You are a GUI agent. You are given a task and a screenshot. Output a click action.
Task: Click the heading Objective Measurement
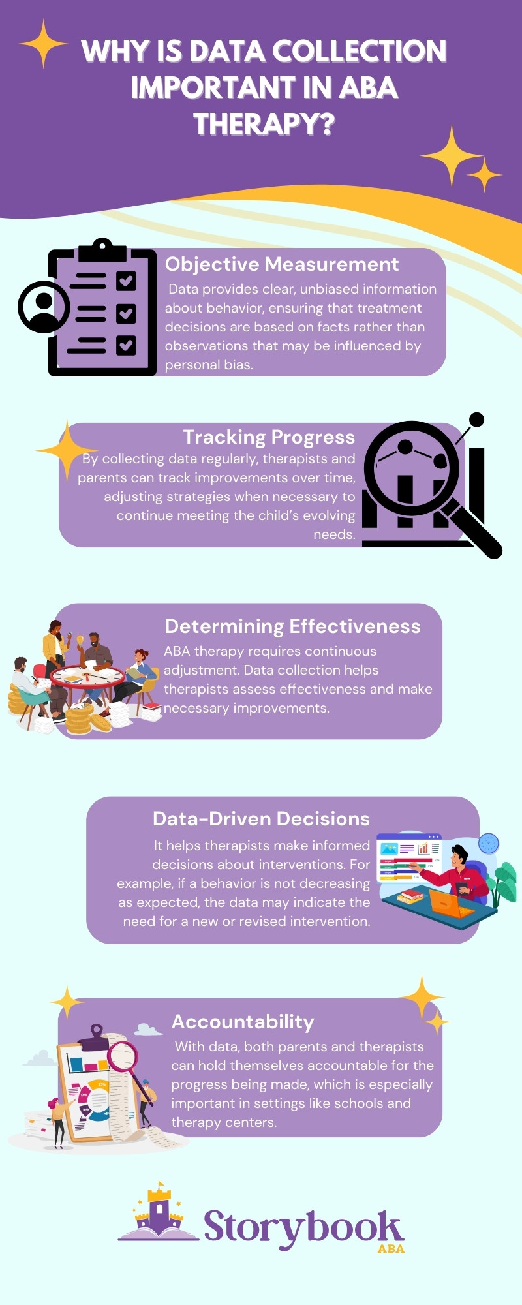tap(281, 264)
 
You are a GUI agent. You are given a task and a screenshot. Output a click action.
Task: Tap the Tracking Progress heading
tap(269, 437)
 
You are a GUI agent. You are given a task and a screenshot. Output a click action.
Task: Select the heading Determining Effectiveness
tap(292, 626)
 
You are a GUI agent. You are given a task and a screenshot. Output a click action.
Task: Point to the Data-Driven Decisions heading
tap(261, 819)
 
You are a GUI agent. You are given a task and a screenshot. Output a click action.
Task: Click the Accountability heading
tap(243, 1022)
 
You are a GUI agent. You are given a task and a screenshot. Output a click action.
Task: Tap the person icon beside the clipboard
tap(44, 307)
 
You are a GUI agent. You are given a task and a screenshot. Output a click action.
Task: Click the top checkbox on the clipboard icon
tap(126, 281)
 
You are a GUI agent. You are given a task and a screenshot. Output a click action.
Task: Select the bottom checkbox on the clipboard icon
tap(126, 345)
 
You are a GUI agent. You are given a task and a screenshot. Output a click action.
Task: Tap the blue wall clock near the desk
tap(488, 843)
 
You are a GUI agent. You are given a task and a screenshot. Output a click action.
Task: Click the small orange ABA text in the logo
tap(391, 1249)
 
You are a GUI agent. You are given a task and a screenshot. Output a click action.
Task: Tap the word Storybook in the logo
tap(303, 1227)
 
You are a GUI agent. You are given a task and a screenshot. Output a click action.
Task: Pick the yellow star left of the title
tap(43, 44)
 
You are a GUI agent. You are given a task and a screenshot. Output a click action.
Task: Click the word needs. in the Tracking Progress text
tap(334, 534)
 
